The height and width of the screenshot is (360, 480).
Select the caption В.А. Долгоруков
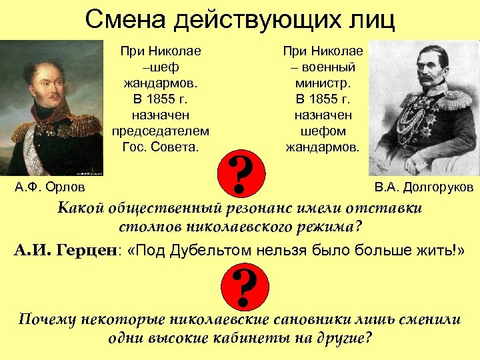point(423,187)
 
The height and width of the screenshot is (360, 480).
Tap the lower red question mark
point(245,289)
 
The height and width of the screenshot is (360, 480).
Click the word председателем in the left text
point(161,131)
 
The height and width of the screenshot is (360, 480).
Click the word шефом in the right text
point(323,131)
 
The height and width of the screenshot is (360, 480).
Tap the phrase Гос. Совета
point(161,147)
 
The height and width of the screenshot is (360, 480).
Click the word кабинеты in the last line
point(239,337)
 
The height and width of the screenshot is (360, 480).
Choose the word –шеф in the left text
point(161,67)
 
